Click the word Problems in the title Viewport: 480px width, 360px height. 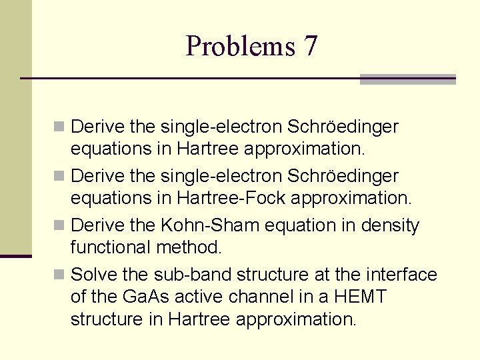point(240,46)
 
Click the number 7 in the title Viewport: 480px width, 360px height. point(310,46)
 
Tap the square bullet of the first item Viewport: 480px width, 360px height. point(60,126)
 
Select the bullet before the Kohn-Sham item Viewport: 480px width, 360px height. point(60,226)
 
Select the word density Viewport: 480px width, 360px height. point(389,226)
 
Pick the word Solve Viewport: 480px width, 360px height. point(94,275)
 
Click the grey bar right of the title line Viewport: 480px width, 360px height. point(407,79)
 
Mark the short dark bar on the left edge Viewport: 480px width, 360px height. point(15,256)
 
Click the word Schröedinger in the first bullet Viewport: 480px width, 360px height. point(343,126)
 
